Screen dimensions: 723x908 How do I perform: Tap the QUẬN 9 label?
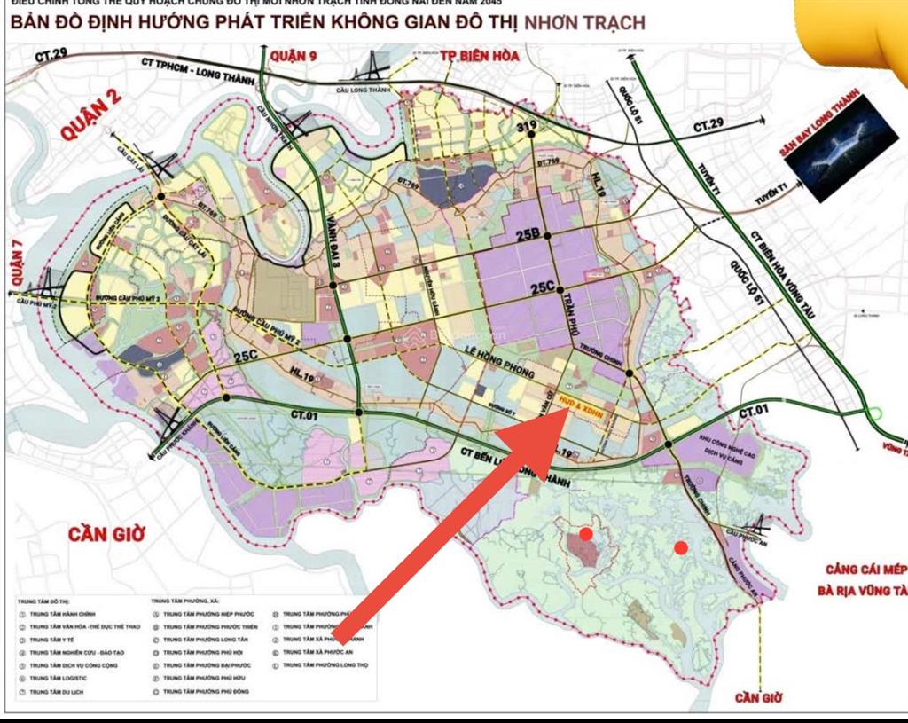pyautogui.click(x=293, y=57)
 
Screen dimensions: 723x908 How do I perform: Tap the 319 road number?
pyautogui.click(x=528, y=128)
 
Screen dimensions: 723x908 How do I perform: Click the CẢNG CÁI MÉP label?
pyautogui.click(x=865, y=570)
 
